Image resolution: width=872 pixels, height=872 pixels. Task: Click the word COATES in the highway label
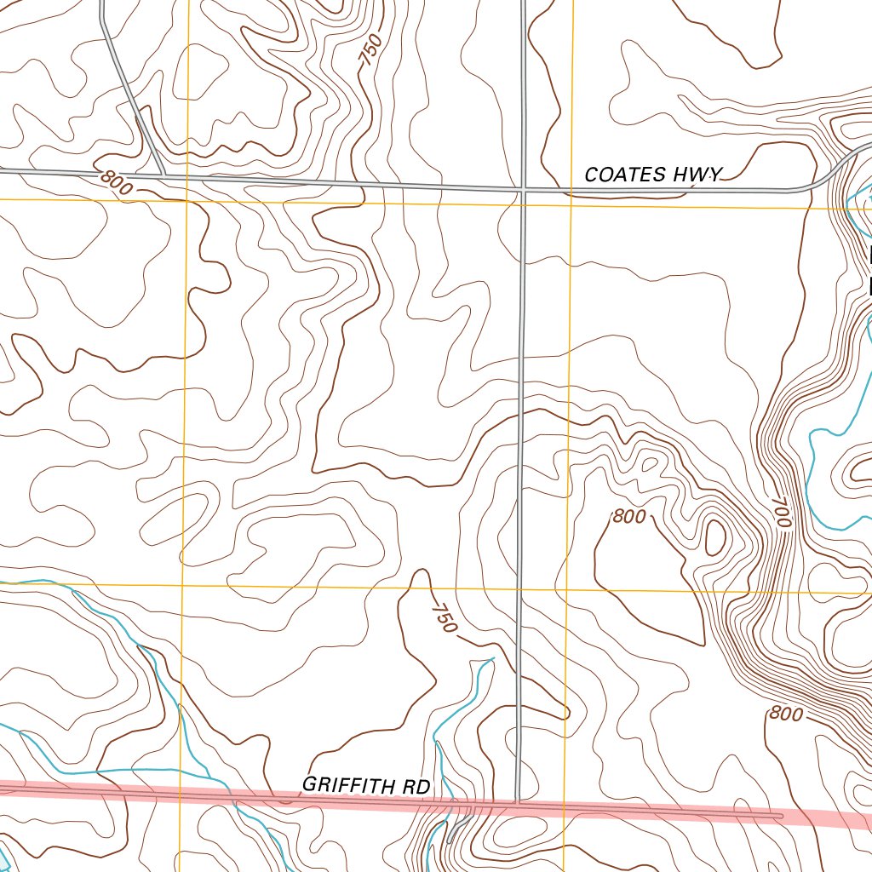625,175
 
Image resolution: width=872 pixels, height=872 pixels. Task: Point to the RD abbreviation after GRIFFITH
417,787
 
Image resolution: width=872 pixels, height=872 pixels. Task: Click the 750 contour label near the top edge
370,54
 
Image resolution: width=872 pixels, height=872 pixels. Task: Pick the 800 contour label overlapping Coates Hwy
116,182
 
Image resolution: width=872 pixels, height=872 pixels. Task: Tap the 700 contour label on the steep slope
782,513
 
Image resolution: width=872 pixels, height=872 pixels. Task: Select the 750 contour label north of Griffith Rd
445,617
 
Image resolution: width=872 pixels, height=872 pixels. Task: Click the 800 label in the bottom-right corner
785,714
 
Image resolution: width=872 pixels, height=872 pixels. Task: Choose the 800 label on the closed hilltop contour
628,516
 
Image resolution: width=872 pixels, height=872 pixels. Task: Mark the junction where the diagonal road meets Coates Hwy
163,176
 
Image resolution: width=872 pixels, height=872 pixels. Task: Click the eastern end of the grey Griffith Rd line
780,816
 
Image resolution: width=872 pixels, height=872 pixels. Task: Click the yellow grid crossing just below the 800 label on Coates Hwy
186,200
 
